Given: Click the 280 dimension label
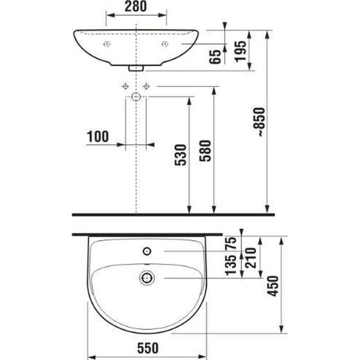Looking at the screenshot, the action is [136, 6].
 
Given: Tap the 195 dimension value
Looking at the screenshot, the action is [240, 51].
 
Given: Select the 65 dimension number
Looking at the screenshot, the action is [215, 57].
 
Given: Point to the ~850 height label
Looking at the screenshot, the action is [260, 122].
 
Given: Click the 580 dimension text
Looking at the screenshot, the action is [205, 151].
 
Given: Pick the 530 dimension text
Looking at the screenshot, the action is [181, 155].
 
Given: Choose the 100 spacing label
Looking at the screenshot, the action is [98, 137].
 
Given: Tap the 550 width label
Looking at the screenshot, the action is [148, 348].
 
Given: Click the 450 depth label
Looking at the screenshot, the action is [273, 286].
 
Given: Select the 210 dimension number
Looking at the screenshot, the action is [250, 258].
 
